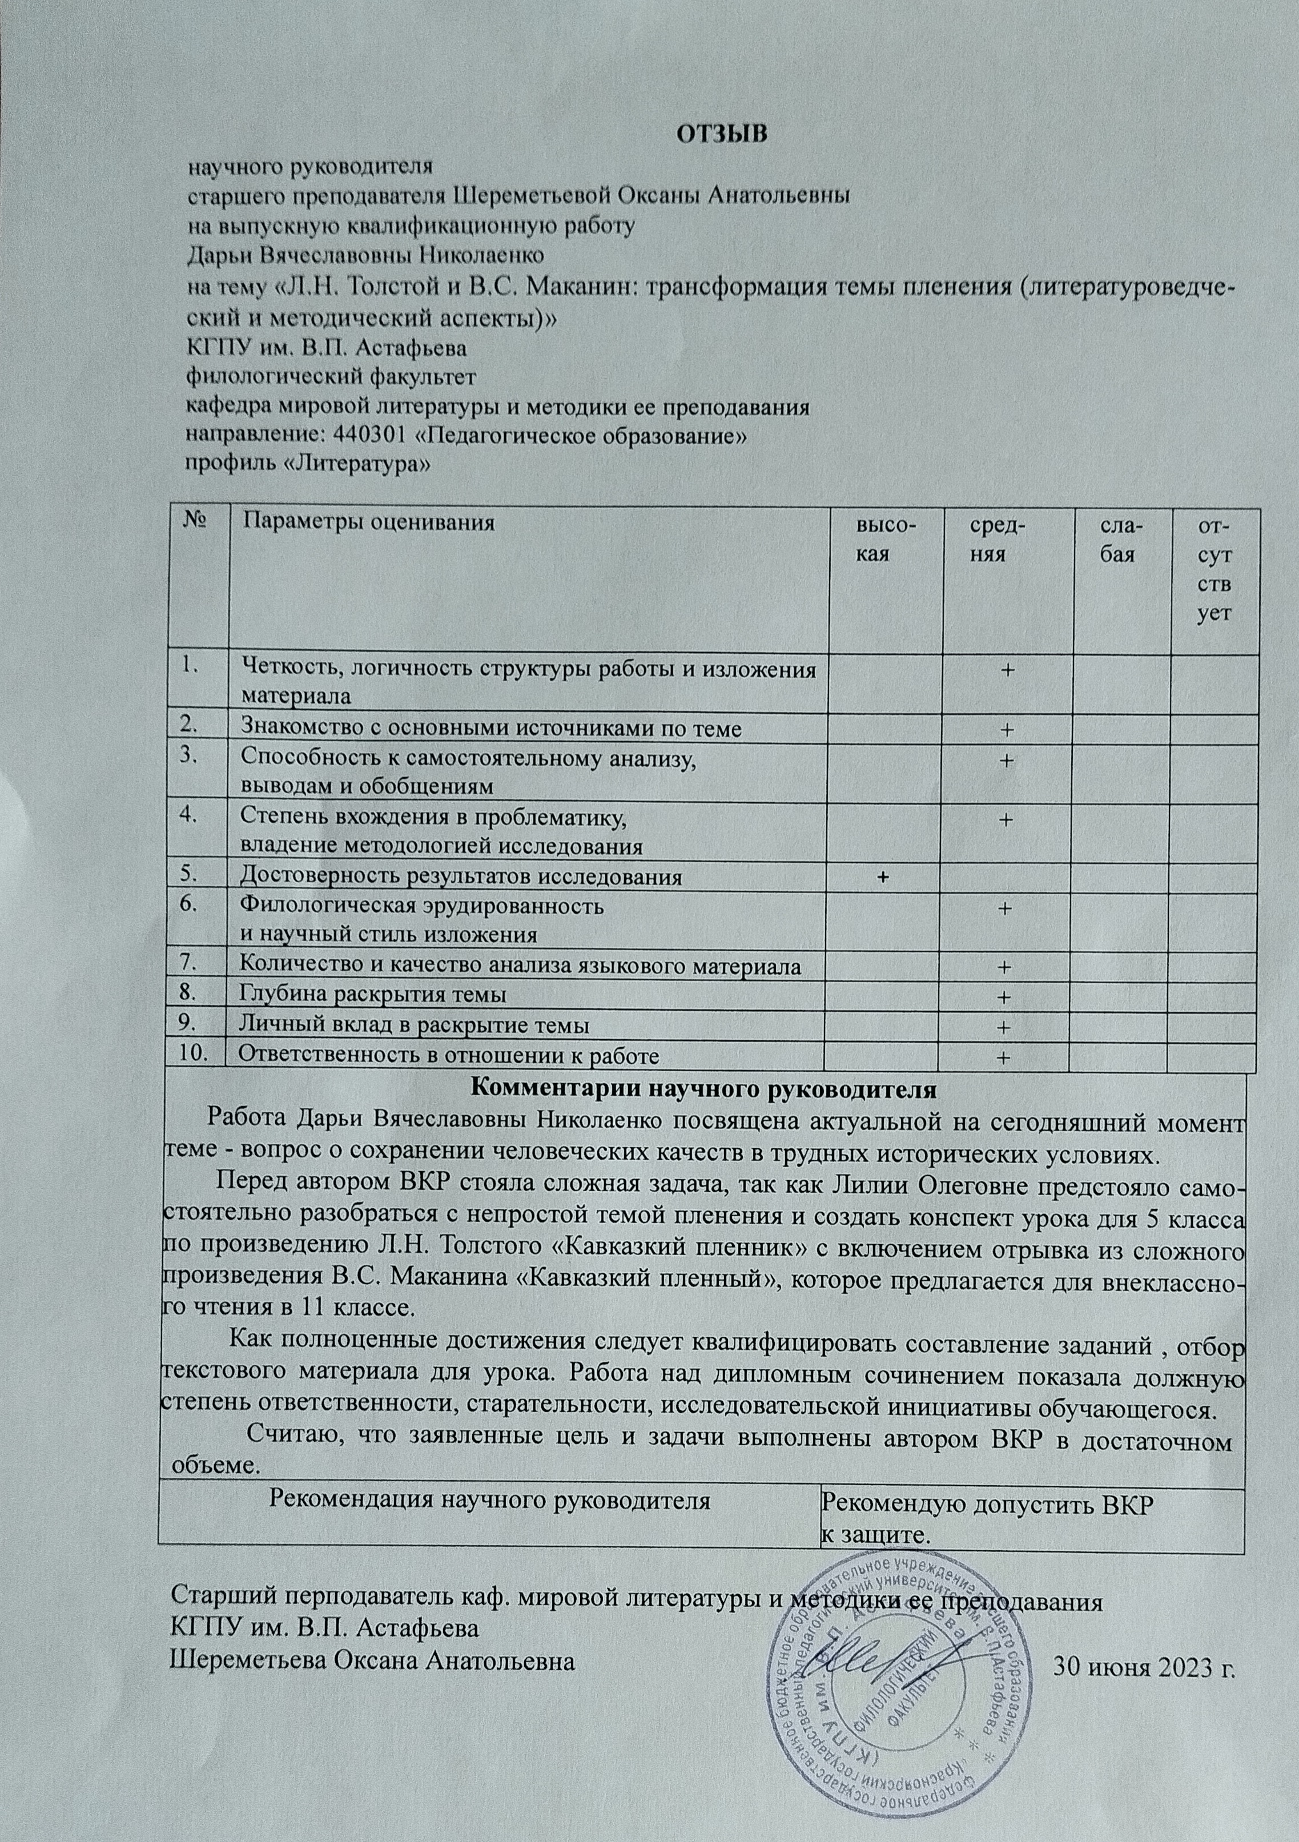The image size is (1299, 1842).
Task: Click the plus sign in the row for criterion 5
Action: [x=883, y=876]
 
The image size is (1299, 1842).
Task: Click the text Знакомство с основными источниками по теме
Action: [x=491, y=729]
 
